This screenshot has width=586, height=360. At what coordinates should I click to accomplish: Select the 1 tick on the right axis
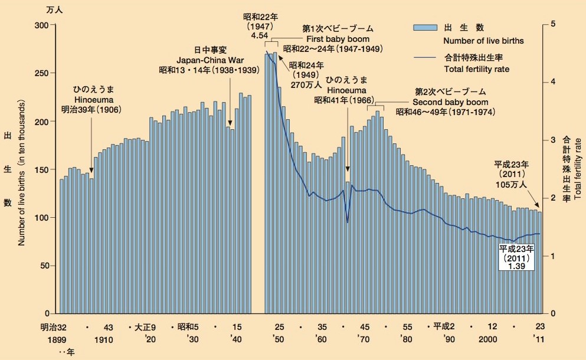[x=552, y=256]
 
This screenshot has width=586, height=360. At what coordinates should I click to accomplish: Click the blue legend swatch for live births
[x=424, y=28]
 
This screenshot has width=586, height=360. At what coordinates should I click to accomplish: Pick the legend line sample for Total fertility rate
[x=424, y=57]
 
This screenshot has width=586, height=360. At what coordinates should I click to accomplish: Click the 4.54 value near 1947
[x=260, y=35]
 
